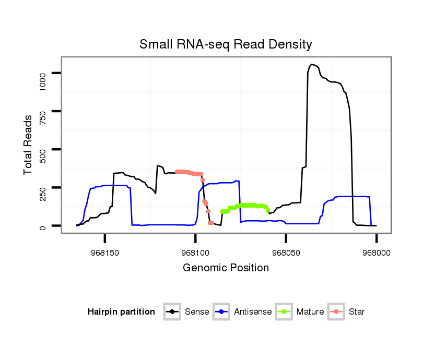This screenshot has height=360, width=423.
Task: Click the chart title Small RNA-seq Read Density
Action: (226, 44)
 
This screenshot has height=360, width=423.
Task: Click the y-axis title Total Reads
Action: (28, 145)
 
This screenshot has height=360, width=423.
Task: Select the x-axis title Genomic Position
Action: (226, 268)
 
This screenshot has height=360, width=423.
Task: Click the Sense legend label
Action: (197, 312)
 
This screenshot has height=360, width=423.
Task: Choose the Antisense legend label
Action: (253, 312)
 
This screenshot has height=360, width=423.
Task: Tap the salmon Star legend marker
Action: (337, 312)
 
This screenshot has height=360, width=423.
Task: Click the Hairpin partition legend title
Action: (121, 312)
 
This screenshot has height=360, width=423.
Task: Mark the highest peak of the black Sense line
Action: (312, 64)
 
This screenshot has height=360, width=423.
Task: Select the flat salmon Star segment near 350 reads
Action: (188, 172)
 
